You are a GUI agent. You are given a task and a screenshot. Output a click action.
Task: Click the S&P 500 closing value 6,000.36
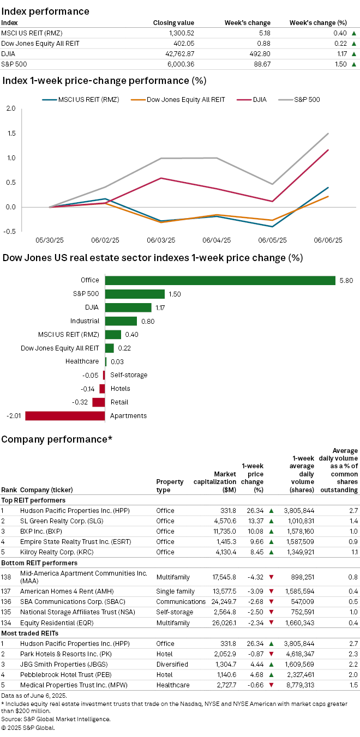tap(181, 64)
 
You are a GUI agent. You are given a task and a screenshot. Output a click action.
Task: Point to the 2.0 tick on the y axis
tap(10, 108)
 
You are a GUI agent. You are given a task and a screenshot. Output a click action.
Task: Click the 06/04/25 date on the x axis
tap(216, 240)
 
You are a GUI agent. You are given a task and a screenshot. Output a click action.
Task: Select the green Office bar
tap(220, 280)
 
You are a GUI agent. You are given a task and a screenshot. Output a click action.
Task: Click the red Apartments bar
tap(65, 416)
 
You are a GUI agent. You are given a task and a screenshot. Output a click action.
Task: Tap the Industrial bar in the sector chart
tap(121, 321)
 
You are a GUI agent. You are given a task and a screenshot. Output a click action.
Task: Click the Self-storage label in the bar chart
tap(129, 375)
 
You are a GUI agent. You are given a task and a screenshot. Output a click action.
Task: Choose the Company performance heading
tap(57, 439)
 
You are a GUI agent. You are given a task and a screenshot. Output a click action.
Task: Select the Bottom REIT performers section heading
tap(39, 563)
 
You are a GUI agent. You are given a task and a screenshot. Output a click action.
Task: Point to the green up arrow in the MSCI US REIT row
tap(354, 33)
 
